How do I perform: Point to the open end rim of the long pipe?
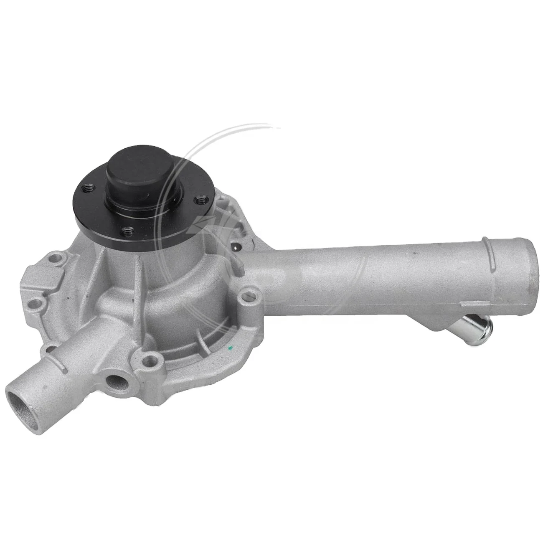(x=529, y=267)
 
